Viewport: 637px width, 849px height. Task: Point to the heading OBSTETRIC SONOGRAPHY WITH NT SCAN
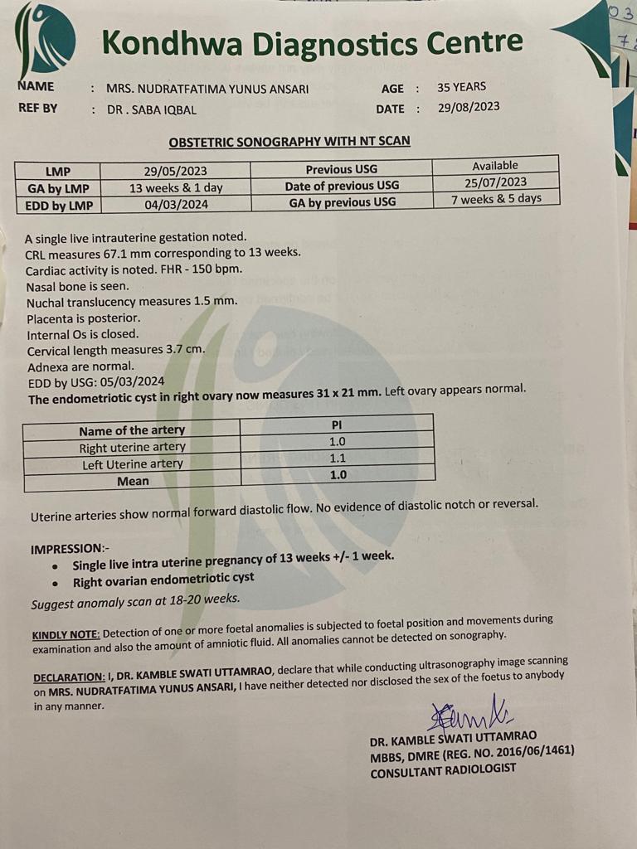289,142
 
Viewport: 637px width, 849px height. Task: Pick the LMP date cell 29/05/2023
176,171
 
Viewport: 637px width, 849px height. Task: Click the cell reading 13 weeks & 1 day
176,188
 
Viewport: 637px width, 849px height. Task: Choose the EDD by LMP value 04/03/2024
176,205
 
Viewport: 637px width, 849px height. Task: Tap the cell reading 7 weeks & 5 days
496,199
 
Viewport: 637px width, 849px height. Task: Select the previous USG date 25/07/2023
496,182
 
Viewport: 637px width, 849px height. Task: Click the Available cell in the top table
495,166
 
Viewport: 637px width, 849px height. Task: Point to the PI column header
337,424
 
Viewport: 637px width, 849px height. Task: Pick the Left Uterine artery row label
133,464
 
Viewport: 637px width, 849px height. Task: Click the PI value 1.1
338,458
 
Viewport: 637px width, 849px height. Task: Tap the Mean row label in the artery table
133,481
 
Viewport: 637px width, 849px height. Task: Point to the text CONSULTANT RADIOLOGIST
443,769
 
